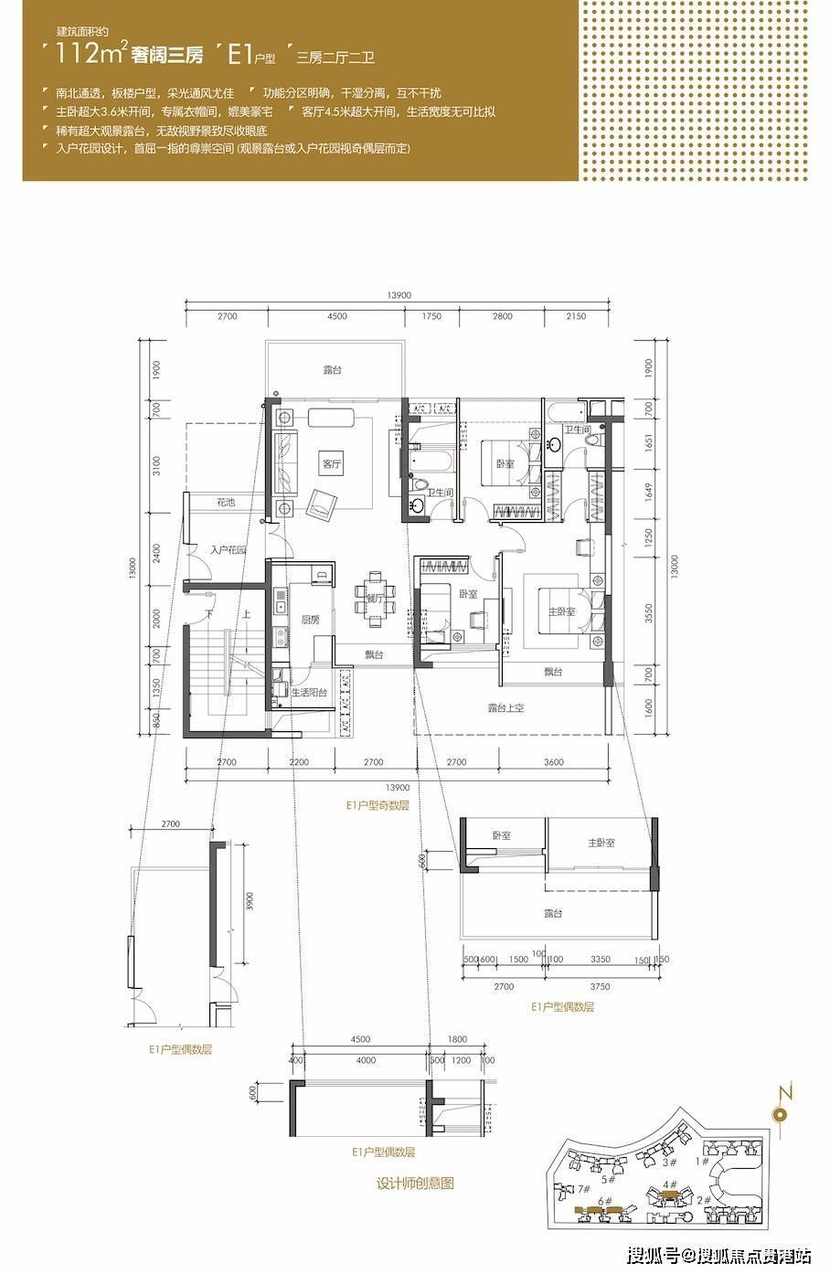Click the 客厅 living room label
point(331,463)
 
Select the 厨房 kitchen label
point(310,620)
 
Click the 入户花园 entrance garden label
point(229,550)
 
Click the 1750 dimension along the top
point(431,316)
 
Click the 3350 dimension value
point(601,959)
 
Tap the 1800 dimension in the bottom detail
point(458,1039)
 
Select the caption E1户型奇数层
point(377,806)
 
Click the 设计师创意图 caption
point(415,1183)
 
